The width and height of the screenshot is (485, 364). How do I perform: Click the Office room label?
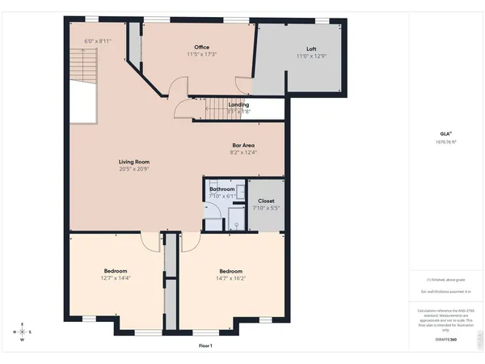tap(202, 47)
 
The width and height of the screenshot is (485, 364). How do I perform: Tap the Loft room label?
tap(311, 49)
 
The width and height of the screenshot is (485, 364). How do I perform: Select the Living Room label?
tap(134, 162)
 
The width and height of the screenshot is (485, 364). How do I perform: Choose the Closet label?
tap(266, 201)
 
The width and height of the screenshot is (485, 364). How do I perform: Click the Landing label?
tap(238, 104)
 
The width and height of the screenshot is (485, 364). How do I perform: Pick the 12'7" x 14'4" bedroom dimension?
tap(116, 278)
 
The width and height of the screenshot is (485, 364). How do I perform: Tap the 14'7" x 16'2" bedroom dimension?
tap(230, 278)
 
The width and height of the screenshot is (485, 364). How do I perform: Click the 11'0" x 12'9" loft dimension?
tap(311, 56)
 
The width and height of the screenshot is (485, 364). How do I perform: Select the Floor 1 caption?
tap(205, 345)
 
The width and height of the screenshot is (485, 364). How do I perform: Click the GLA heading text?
tap(445, 134)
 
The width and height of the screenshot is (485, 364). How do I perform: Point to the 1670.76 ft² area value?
tap(445, 142)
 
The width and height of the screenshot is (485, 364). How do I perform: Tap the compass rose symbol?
tap(23, 332)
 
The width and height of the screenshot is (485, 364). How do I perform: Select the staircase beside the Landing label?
tap(213, 107)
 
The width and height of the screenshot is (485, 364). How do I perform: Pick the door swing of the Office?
tap(242, 84)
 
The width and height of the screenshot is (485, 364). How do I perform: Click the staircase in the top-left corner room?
tap(81, 63)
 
